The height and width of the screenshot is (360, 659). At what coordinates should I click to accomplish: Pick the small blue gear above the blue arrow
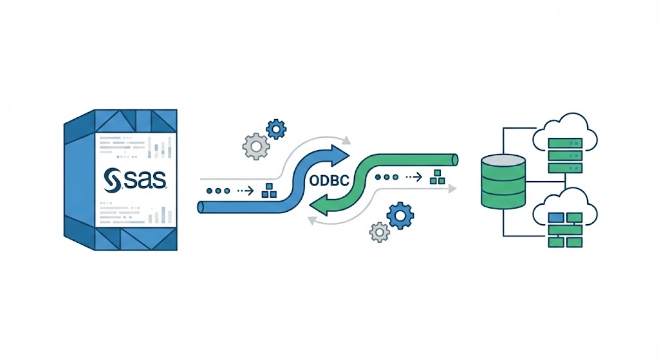276,129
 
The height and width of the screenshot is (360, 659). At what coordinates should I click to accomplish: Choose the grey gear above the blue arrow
255,147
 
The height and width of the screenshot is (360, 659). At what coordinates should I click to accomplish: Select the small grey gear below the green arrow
380,232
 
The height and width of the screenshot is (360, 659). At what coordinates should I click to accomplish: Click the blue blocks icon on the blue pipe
268,191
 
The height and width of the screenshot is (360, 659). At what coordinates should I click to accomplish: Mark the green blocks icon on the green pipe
438,175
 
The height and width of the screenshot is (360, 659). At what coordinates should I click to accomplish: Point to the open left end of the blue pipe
201,207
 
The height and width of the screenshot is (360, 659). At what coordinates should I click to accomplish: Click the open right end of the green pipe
454,158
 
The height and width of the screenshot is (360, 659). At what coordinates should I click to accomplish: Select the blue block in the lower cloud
557,218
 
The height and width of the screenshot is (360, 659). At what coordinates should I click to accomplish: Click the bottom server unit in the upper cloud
564,167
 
